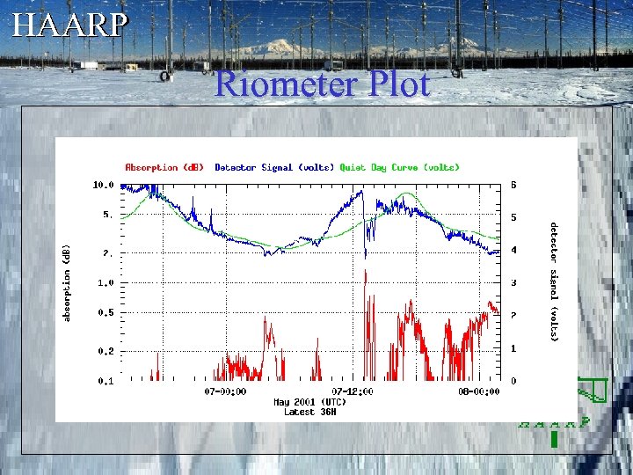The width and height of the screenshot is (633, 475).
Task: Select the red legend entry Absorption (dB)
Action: click(164, 167)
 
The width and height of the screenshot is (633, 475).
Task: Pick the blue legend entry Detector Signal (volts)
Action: click(273, 167)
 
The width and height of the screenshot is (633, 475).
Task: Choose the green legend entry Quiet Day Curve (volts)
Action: click(399, 167)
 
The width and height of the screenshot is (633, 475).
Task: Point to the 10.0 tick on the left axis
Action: click(103, 186)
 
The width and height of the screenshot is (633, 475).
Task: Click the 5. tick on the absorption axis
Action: click(107, 214)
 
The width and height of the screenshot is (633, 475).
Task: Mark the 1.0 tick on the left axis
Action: click(105, 283)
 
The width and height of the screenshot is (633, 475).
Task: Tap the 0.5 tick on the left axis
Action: click(105, 312)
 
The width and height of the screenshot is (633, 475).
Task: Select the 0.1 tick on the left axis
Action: click(105, 382)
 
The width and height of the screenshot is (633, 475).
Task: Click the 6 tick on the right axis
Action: click(513, 186)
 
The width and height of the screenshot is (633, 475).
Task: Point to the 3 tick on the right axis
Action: click(513, 283)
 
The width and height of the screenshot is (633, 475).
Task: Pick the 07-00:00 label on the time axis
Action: click(225, 391)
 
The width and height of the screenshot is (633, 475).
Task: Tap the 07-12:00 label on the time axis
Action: click(352, 391)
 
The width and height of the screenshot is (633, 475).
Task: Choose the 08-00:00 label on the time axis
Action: click(478, 391)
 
